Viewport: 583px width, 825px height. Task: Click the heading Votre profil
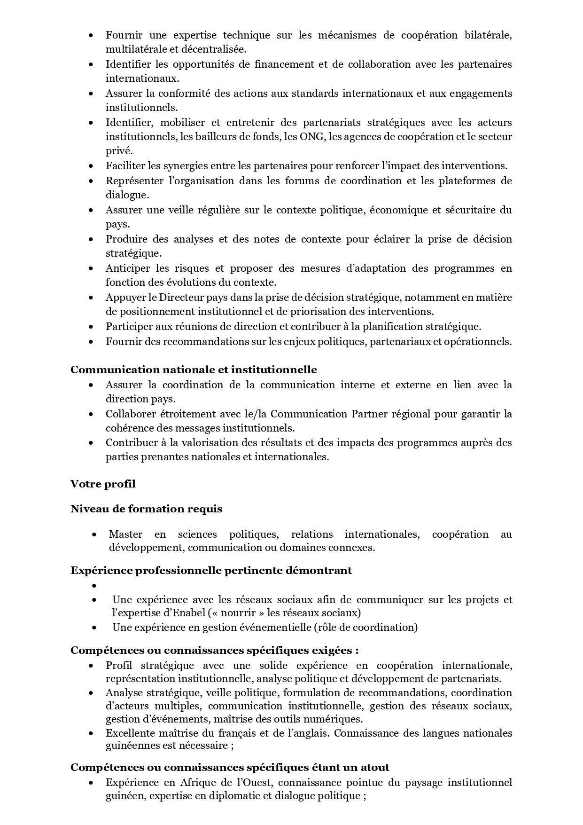click(103, 483)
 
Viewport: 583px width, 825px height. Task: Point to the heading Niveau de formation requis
click(147, 509)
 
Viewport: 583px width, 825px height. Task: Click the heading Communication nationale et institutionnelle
click(194, 369)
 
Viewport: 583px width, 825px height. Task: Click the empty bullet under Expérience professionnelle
click(94, 586)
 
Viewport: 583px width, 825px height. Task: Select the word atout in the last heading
click(375, 767)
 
